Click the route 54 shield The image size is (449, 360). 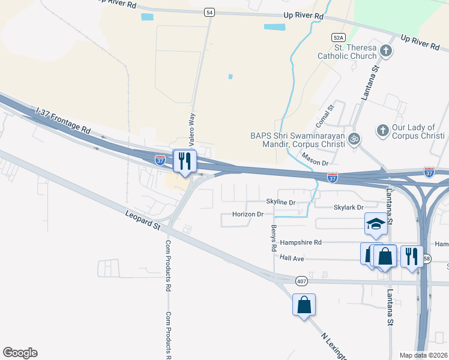(208, 12)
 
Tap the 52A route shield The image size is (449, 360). (339, 37)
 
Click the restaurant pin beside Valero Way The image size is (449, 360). (184, 161)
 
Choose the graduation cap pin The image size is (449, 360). (376, 224)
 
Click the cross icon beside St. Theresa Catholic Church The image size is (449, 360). (386, 51)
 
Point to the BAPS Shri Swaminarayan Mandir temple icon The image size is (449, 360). (354, 139)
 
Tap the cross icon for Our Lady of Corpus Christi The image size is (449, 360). (382, 130)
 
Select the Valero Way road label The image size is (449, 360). (193, 130)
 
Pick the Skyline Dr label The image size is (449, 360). (281, 203)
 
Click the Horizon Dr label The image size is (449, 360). (248, 214)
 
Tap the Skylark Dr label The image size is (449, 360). (348, 208)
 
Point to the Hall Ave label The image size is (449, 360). (292, 258)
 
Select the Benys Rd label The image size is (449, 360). (274, 238)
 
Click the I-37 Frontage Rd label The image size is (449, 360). (63, 121)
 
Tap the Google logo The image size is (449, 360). (20, 353)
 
